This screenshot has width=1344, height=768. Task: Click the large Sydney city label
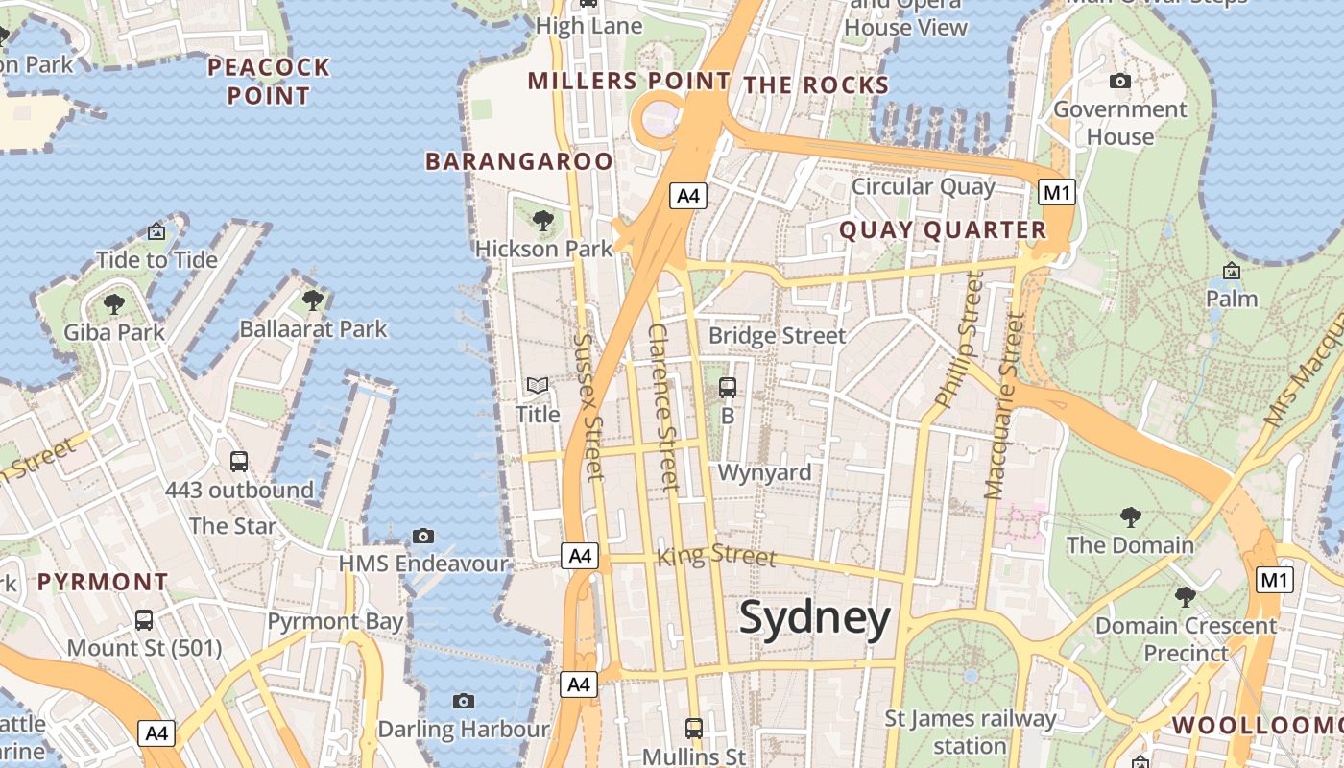[815, 619]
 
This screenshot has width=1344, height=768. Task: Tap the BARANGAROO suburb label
[518, 161]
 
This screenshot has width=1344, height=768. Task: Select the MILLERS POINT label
[629, 82]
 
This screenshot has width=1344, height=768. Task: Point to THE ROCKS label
[817, 85]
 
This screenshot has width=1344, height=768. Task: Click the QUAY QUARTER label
[943, 230]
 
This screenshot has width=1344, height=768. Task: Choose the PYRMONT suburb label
[103, 582]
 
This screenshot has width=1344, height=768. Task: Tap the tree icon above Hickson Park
[543, 222]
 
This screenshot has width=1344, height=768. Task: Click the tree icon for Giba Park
[114, 305]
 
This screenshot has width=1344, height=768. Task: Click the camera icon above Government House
[1119, 82]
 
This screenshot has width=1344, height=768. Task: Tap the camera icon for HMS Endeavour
[423, 536]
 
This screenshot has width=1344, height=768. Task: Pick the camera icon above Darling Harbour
[464, 702]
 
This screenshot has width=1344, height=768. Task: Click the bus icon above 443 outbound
[239, 462]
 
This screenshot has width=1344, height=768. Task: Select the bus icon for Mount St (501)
[144, 620]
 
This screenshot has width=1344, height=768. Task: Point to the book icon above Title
[538, 386]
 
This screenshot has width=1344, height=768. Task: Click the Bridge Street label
[777, 336]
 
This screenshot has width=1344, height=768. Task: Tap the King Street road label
[716, 555]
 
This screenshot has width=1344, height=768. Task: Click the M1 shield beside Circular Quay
[1056, 192]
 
